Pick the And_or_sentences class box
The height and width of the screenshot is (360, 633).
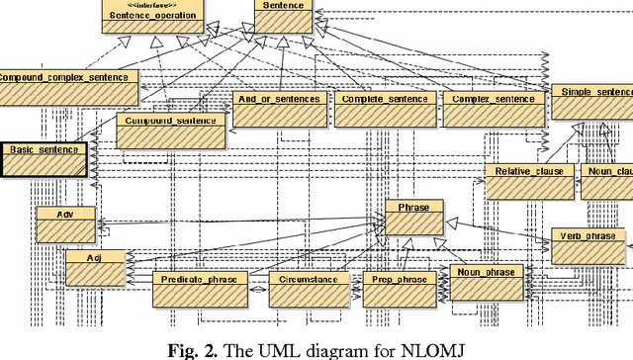pyautogui.click(x=279, y=110)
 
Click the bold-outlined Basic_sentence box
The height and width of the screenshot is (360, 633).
pyautogui.click(x=45, y=159)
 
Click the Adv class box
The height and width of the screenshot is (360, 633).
pyautogui.click(x=66, y=224)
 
